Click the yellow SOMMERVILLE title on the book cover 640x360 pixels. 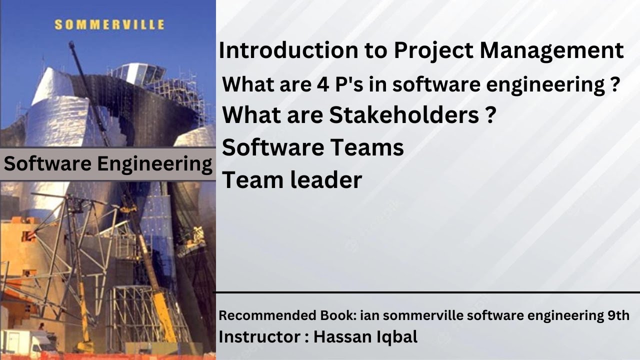(108, 24)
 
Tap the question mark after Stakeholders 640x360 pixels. (490, 115)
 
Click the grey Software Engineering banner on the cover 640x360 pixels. (107, 164)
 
